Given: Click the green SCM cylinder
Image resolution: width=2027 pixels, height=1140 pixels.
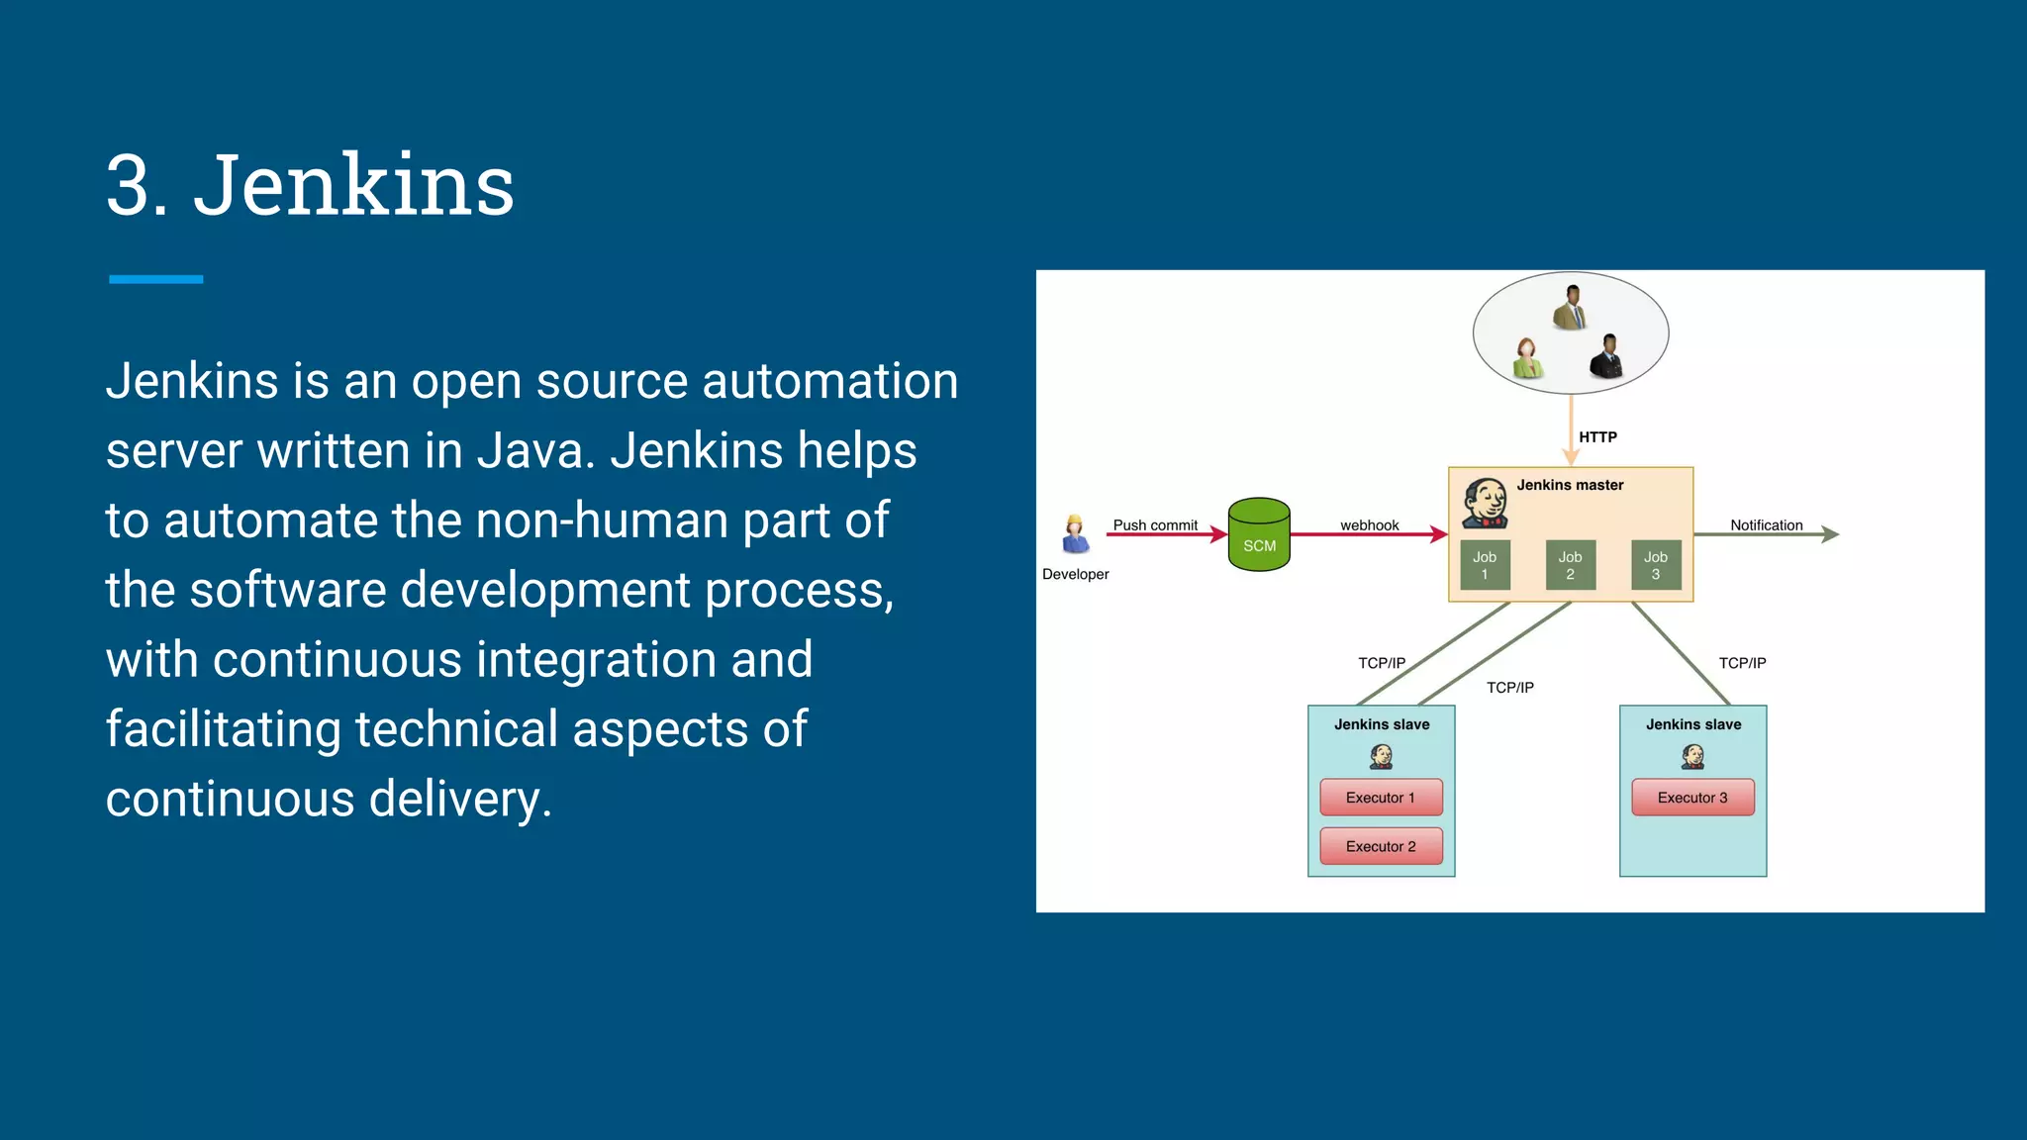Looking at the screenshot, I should click(1259, 535).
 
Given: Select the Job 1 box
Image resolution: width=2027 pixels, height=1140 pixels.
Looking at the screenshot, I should click(1485, 565).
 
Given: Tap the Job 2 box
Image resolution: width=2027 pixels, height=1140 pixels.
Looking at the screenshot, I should click(1570, 565).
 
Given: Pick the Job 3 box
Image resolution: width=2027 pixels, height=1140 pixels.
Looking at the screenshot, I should click(1656, 565).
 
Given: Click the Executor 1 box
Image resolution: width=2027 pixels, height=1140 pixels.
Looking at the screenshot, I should click(1381, 798).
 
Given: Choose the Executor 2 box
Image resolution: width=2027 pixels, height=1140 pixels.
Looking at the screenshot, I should click(1381, 846).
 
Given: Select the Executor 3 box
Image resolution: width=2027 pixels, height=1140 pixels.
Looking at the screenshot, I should click(1692, 798).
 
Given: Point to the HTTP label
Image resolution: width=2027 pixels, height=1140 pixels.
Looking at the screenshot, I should click(1597, 437).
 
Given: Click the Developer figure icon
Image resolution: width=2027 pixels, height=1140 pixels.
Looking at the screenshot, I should click(1075, 535).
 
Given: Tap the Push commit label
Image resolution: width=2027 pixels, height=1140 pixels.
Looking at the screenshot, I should click(1155, 525).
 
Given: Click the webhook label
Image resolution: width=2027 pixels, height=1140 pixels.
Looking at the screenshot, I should click(1370, 525).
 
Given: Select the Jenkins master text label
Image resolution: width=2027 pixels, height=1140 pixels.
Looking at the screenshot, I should click(1570, 485).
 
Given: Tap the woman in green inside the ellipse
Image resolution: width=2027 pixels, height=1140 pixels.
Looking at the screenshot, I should click(1527, 358).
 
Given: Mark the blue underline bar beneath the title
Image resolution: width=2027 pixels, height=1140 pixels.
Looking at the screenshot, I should click(156, 280).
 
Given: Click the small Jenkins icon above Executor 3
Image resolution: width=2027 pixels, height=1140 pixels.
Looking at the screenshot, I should click(1692, 758).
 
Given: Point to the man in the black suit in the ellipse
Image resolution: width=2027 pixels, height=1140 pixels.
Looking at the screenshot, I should click(1607, 357).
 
